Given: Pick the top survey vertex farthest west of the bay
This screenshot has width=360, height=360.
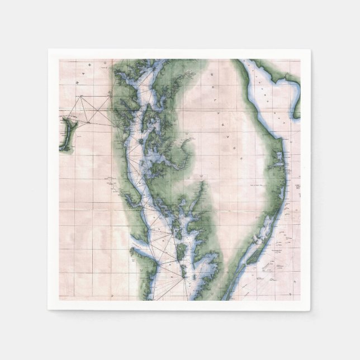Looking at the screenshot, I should [x=82, y=96].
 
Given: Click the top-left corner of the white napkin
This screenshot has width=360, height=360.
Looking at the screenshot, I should [x=49, y=49].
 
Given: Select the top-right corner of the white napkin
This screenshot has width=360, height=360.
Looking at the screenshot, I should [x=311, y=49].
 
